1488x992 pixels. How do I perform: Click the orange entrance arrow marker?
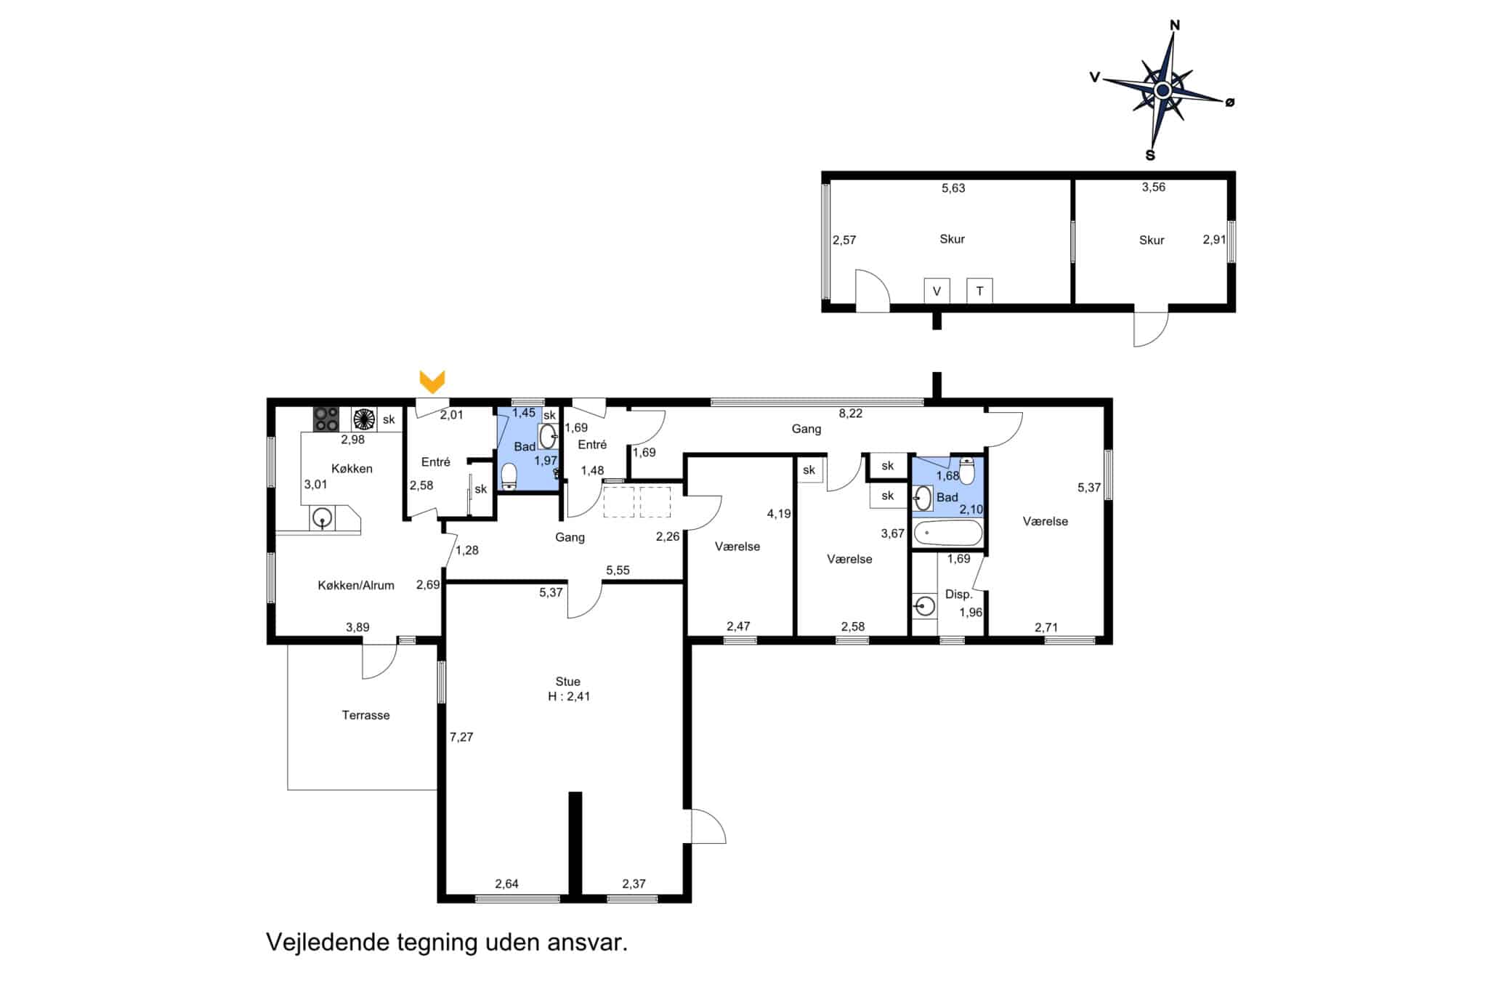coord(432,382)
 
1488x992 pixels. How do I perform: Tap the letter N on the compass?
coord(1175,25)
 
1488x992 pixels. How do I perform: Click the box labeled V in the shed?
coord(937,291)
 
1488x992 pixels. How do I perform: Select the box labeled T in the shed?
coord(979,291)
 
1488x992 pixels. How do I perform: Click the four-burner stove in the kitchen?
coord(326,419)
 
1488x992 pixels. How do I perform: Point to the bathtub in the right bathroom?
coord(947,533)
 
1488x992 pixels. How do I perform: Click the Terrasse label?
coord(365,715)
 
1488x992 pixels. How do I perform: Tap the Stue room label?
coord(567,682)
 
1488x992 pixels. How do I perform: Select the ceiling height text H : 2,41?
coord(569,696)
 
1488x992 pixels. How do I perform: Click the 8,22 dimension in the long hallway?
coord(850,414)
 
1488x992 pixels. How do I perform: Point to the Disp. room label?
coord(958,594)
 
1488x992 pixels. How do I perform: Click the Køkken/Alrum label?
coord(356,585)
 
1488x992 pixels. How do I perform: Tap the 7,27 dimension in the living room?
coord(461,737)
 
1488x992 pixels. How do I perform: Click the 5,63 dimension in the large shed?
coord(953,188)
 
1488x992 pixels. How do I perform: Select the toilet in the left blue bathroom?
coord(509,477)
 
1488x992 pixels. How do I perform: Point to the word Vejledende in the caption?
coord(328,943)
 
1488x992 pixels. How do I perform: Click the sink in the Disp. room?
coord(924,605)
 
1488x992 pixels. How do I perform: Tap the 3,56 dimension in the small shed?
coord(1153,187)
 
